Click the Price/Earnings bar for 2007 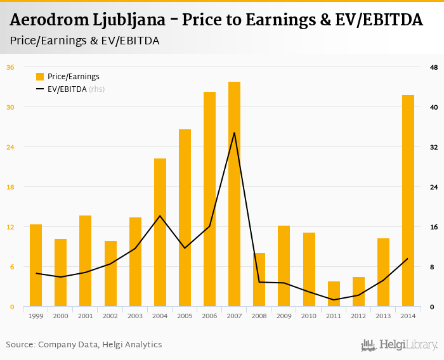click(x=234, y=194)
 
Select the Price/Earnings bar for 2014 click(x=408, y=201)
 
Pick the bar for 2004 click(x=160, y=233)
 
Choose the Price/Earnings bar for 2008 click(x=259, y=280)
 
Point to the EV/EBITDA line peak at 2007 click(x=234, y=132)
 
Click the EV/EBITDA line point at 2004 click(x=160, y=216)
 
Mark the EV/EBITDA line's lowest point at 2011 click(x=334, y=300)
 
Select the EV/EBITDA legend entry click(x=70, y=89)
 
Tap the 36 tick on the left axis click(x=10, y=67)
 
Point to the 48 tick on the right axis click(x=433, y=67)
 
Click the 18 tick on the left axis click(x=10, y=187)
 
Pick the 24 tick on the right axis click(x=433, y=187)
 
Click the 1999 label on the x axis click(x=36, y=316)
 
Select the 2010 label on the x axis click(x=309, y=316)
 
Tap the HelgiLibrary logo click(x=399, y=345)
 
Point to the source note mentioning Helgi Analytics click(x=84, y=345)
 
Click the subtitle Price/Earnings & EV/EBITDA click(x=84, y=41)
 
